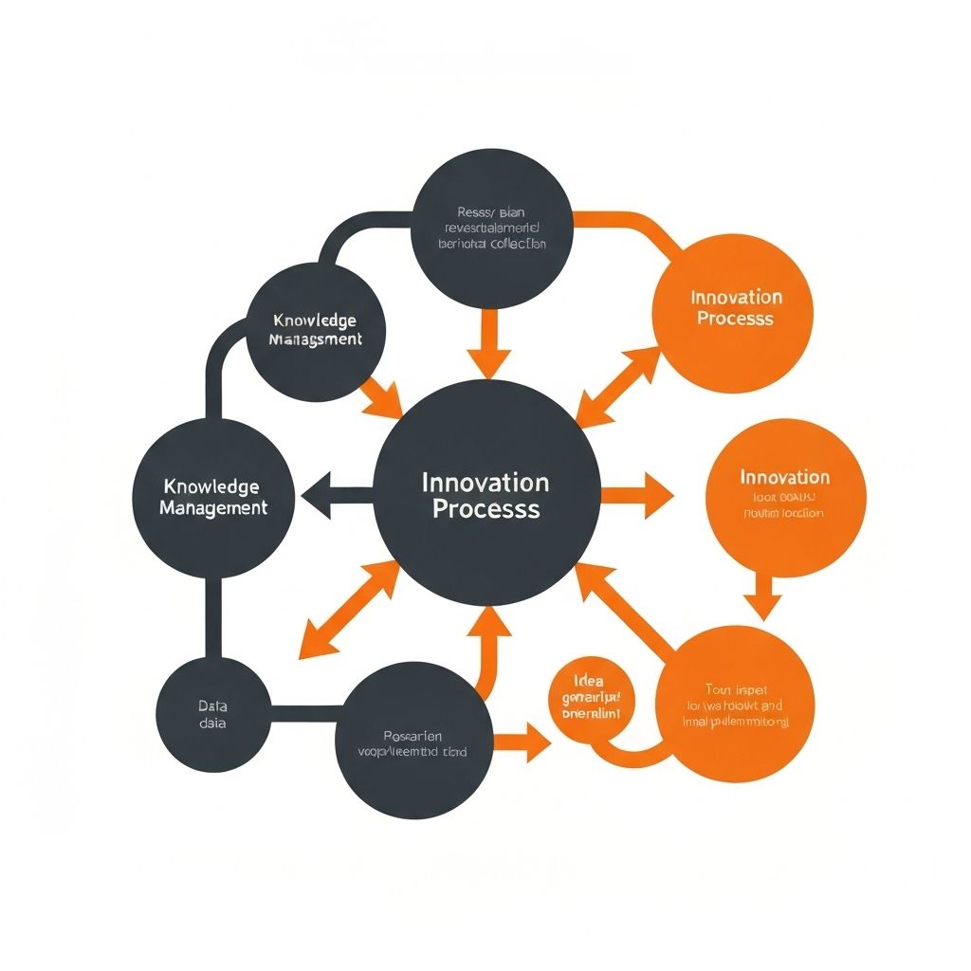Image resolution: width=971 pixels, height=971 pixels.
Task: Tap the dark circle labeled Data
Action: (212, 714)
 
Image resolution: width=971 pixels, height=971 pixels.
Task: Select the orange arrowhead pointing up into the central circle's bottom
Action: (490, 621)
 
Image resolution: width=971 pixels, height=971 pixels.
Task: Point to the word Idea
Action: (589, 680)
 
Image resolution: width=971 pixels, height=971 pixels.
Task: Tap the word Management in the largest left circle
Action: (213, 508)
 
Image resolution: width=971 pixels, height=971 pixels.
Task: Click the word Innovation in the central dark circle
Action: (485, 482)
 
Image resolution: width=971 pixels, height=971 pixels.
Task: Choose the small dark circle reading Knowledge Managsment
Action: (315, 330)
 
